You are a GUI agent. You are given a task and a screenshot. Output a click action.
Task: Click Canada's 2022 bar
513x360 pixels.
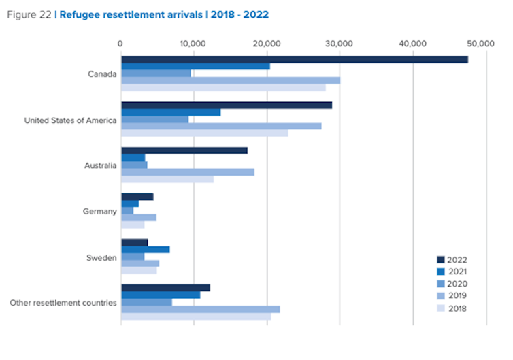(x=294, y=59)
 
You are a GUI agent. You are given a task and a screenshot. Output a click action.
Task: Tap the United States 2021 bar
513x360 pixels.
(x=171, y=112)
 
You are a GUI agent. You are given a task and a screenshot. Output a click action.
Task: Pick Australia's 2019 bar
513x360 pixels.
(x=187, y=172)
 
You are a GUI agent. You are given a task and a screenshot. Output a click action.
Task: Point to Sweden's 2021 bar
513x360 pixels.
(x=145, y=250)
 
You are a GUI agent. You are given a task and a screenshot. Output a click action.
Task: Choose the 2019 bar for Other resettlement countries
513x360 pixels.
(x=200, y=310)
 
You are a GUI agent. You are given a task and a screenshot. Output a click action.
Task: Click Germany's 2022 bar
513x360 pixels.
(x=137, y=197)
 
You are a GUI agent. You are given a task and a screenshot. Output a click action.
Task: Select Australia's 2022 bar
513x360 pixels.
(x=184, y=150)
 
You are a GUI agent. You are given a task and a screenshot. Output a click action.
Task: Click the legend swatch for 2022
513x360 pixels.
(x=440, y=259)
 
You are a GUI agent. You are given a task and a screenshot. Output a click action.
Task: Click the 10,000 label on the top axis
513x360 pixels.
(x=193, y=44)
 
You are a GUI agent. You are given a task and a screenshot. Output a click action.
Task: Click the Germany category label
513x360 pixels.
(x=100, y=212)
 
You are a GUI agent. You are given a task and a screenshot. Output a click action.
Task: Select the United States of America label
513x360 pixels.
(x=70, y=121)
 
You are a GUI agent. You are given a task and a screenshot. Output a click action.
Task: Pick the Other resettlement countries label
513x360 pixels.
(x=63, y=302)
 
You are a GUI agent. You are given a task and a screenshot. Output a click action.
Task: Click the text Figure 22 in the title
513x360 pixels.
(x=29, y=14)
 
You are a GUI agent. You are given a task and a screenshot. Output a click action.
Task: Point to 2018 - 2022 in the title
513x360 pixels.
(x=239, y=14)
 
